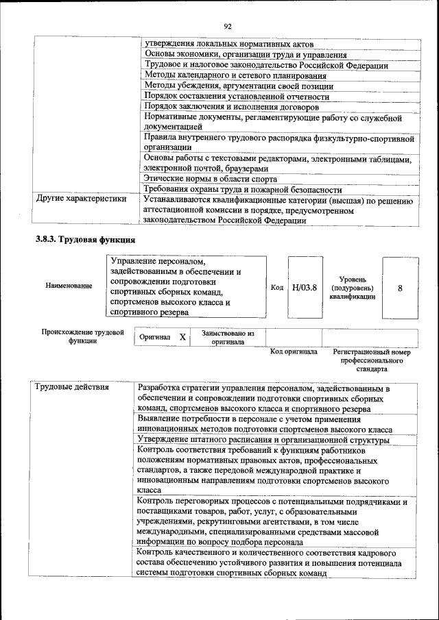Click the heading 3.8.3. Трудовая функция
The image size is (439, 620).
point(86,240)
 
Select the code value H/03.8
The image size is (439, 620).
point(304,287)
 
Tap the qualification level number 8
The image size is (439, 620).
point(400,288)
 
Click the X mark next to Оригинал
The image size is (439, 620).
point(182,337)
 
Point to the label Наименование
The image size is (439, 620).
point(69,286)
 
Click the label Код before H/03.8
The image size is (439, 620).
point(276,288)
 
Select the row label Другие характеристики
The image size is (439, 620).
point(81,199)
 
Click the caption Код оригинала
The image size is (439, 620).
point(294,351)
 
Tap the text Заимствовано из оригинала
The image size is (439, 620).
point(228,337)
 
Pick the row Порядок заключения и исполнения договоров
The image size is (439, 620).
point(231,107)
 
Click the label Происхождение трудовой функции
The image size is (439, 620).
point(82,336)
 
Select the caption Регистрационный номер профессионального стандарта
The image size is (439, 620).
point(371,359)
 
